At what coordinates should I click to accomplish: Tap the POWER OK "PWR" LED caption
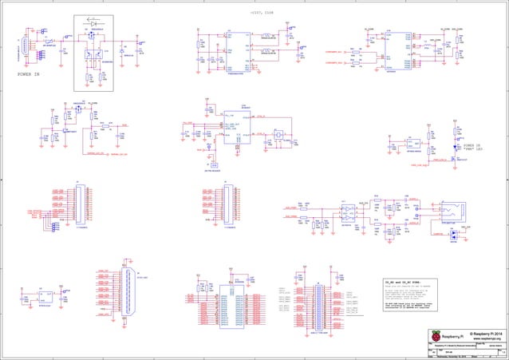(x=474, y=148)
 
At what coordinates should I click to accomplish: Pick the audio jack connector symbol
(x=452, y=212)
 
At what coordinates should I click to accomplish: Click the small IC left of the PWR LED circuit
(x=414, y=144)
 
